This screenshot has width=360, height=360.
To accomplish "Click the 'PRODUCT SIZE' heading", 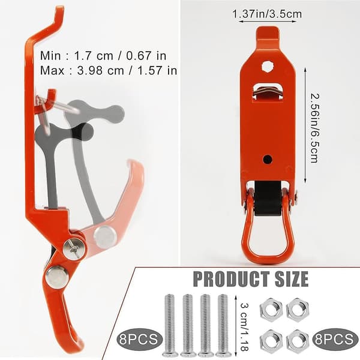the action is pyautogui.click(x=251, y=279).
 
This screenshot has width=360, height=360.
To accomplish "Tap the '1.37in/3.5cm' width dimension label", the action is pyautogui.click(x=267, y=14).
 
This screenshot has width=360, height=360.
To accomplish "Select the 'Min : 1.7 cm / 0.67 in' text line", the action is pyautogui.click(x=103, y=56).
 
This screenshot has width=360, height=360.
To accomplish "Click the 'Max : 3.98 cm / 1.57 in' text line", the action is pyautogui.click(x=109, y=70).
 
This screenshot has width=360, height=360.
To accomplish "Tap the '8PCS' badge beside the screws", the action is pyautogui.click(x=139, y=339).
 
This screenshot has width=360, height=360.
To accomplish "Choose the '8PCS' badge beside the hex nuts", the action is pyautogui.click(x=334, y=339).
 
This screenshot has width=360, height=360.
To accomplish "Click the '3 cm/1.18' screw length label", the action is pyautogui.click(x=245, y=327).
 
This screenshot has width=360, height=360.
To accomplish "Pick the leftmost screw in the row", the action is pyautogui.click(x=169, y=325).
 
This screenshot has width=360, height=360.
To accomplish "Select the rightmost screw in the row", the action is pyautogui.click(x=223, y=325).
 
